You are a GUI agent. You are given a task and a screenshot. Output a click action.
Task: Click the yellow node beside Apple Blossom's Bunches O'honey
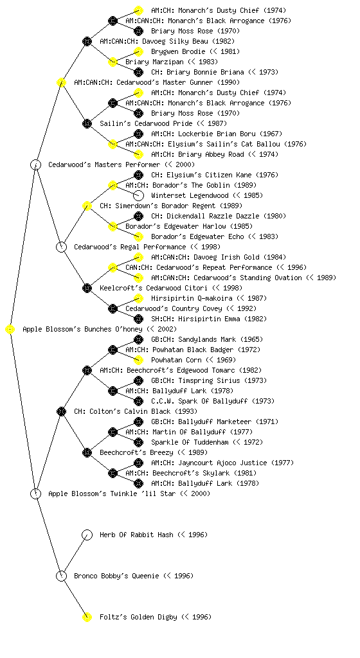click(x=10, y=330)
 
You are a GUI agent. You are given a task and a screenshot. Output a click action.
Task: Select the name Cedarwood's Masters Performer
click(x=104, y=164)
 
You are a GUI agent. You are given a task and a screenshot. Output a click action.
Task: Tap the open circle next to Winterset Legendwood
click(x=138, y=195)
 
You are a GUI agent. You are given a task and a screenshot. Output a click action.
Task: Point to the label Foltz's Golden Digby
click(x=138, y=617)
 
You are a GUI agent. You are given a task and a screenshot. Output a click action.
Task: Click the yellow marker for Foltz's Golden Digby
click(x=87, y=618)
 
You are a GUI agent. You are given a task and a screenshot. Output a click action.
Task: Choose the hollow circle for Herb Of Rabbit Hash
click(x=87, y=535)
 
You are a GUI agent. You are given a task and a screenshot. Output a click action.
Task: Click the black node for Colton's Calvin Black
click(x=61, y=412)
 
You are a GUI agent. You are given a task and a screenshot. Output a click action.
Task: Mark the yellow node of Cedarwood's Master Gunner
click(x=61, y=83)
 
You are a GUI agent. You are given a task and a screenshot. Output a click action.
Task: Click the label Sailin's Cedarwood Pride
click(x=146, y=123)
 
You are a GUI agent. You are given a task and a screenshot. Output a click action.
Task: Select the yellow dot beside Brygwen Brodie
click(x=138, y=51)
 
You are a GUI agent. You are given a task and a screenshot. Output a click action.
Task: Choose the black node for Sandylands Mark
click(x=138, y=339)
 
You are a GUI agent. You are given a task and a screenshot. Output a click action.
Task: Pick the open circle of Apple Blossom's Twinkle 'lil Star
click(x=35, y=494)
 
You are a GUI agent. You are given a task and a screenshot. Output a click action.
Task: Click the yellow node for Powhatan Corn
click(x=138, y=360)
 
